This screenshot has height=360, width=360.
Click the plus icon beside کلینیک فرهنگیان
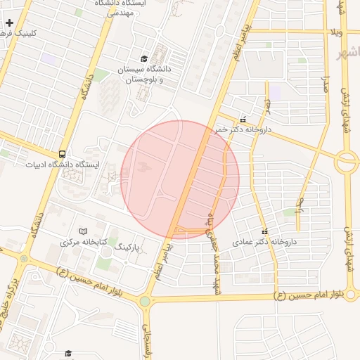click(9, 23)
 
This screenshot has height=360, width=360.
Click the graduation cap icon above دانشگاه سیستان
click(144, 59)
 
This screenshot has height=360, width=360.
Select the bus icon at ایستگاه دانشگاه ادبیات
click(63, 154)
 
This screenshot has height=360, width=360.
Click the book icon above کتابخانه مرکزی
click(84, 231)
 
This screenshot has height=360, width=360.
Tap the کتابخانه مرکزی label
click(84, 242)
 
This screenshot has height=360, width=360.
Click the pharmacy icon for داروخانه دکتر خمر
click(243, 120)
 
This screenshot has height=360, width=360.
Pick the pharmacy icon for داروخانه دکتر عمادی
click(264, 231)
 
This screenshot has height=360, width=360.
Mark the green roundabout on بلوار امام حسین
click(144, 301)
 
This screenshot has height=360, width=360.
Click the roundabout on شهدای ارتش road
click(347, 163)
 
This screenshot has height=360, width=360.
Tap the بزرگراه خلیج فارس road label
click(11, 307)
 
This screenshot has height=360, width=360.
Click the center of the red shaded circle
click(181, 179)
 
